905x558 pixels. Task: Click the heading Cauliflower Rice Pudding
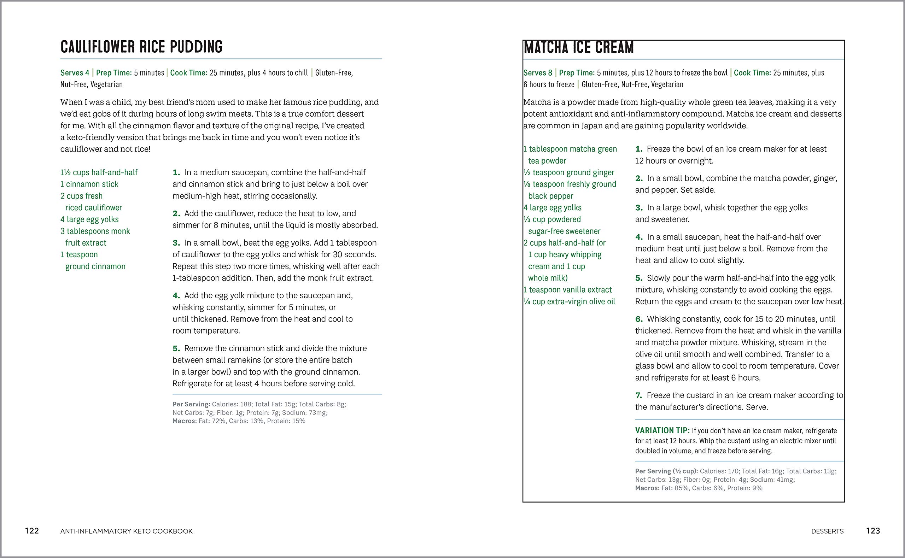pos(141,47)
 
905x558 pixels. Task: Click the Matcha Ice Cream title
pos(578,48)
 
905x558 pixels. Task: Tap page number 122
pos(32,531)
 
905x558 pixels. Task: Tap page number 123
pos(873,531)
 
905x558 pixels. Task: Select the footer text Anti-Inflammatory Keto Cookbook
pos(126,531)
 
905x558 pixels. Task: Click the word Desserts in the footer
pos(827,531)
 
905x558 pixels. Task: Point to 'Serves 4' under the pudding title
pos(75,73)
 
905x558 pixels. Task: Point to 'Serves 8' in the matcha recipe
pos(538,73)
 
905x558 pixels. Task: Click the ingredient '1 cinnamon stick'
pos(89,184)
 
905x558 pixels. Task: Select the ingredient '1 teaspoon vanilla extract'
pos(568,290)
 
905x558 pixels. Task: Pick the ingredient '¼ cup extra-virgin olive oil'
pos(569,301)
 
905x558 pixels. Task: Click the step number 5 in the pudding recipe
pos(176,348)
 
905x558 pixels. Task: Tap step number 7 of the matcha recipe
pos(638,395)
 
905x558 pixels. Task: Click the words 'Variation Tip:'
pos(662,430)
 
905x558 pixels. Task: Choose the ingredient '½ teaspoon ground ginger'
pos(569,172)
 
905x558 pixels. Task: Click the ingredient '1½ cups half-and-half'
pos(99,172)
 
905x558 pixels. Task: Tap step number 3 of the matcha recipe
pos(638,208)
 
